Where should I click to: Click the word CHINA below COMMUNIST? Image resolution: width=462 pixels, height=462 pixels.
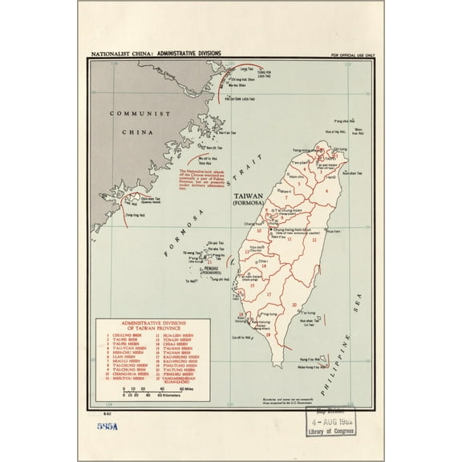[x=136, y=130]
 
